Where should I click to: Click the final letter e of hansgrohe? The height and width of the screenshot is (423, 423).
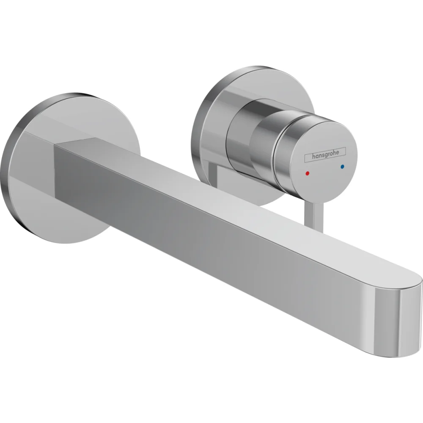click(343, 151)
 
